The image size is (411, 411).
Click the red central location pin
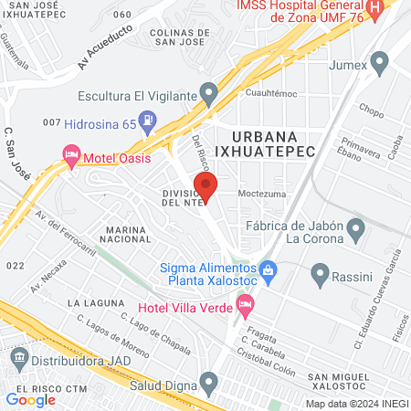tap(206, 189)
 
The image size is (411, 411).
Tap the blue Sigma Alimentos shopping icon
tap(268, 269)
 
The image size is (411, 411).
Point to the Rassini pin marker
tap(320, 273)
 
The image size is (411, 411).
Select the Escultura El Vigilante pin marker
tap(210, 93)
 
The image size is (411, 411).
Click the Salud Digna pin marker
tap(210, 381)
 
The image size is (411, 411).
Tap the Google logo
tap(30, 399)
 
